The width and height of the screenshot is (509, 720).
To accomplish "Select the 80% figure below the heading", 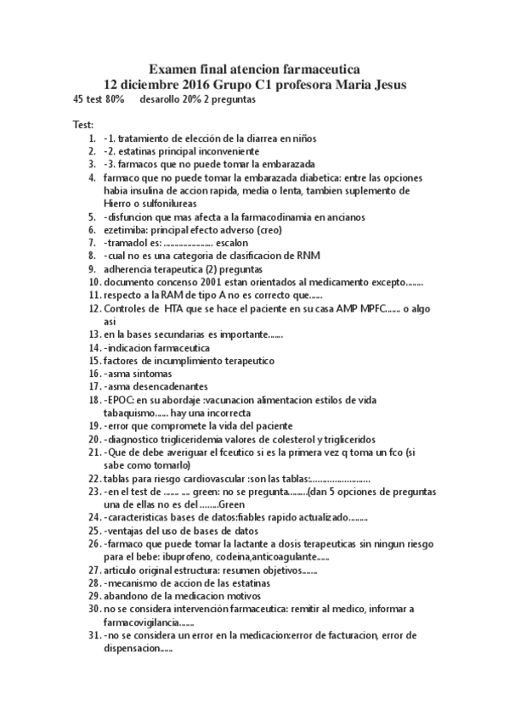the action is [115, 99].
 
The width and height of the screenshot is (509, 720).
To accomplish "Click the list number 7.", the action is [93, 242].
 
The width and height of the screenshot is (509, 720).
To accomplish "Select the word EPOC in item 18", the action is [120, 399].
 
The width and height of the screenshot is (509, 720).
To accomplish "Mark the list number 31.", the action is [93, 635].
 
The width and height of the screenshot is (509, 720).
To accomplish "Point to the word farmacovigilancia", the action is [148, 622].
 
